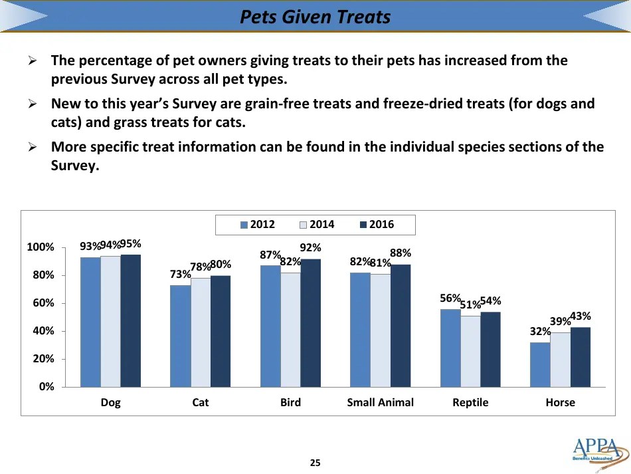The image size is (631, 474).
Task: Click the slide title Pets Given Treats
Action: (x=315, y=16)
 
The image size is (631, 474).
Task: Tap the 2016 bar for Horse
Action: (x=580, y=357)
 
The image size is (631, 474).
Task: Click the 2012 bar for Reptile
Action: (x=450, y=348)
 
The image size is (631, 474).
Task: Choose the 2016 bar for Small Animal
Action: (x=401, y=326)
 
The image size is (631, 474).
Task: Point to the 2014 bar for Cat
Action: (x=201, y=332)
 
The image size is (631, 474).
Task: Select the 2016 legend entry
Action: (x=376, y=225)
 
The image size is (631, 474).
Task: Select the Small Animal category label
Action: (x=380, y=403)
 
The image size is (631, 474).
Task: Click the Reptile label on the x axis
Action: (x=470, y=403)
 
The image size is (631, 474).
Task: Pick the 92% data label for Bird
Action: (x=311, y=248)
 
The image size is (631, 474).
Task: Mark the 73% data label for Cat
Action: (x=181, y=275)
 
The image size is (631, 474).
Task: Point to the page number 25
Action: (x=315, y=463)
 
